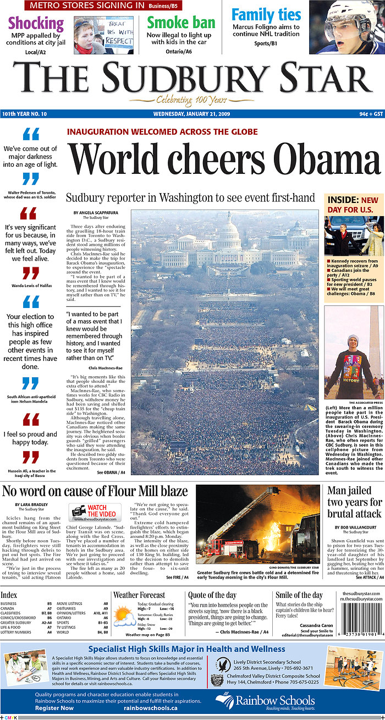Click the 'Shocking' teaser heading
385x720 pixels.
click(36, 24)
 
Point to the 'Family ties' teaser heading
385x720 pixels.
click(266, 14)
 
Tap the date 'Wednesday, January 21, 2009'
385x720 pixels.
click(193, 114)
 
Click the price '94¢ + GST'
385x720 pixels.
click(368, 114)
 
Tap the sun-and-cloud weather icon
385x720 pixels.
click(124, 617)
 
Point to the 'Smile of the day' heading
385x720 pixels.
click(299, 595)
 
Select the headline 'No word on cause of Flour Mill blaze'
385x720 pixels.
click(95, 490)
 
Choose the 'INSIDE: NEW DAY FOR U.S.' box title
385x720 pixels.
click(353, 205)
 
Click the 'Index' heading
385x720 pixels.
click(9, 595)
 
